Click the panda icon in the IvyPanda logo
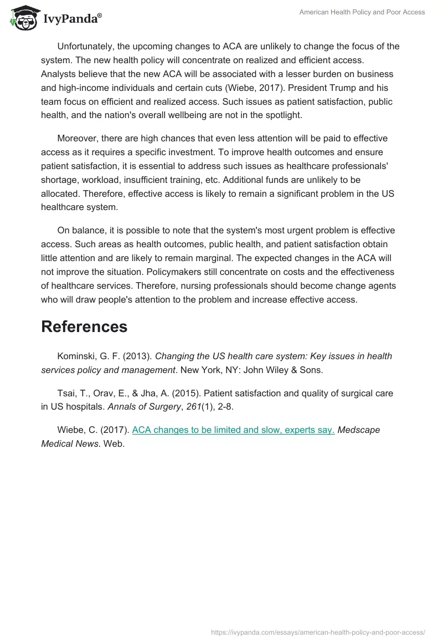coord(22,18)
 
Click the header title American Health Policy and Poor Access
coord(362,12)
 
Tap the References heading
coord(84,326)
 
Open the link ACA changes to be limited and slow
coord(233,430)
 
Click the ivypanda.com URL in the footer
coord(318,631)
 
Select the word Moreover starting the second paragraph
coord(78,138)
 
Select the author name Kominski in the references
coord(78,356)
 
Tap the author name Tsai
coord(68,393)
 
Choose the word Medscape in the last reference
coord(359,430)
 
